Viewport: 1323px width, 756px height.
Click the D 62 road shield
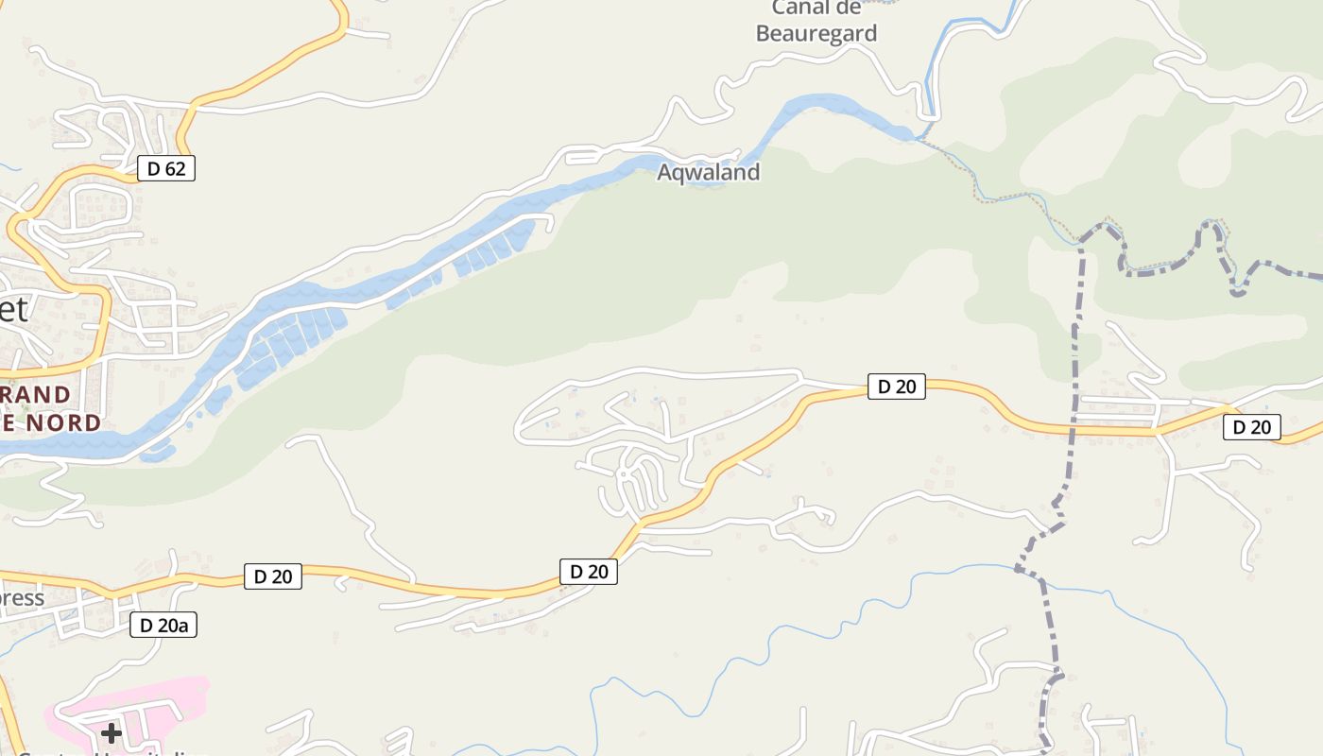click(x=166, y=169)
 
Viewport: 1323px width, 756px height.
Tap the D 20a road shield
click(x=163, y=625)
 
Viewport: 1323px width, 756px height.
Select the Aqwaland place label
click(x=708, y=172)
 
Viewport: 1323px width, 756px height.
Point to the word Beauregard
click(x=816, y=34)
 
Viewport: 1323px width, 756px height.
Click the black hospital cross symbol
click(x=112, y=732)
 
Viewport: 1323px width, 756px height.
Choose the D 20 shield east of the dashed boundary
click(x=1252, y=427)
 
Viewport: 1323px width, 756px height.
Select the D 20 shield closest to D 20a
click(x=273, y=576)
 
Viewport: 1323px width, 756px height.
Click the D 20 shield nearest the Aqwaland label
click(x=896, y=386)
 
